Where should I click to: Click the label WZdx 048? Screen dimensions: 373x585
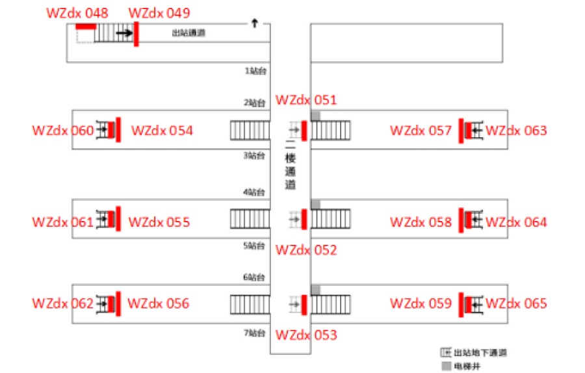point(77,13)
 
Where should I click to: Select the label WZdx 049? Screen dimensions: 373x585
point(159,13)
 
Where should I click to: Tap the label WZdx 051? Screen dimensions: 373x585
point(306,100)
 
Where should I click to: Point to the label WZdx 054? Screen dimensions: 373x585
point(162,131)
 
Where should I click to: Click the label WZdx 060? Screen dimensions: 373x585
point(62,131)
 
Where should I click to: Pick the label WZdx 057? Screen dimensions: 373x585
point(421,131)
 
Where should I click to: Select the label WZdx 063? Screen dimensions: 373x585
point(516,131)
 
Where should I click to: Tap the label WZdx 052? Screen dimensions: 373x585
point(306,250)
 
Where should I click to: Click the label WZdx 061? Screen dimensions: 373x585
point(62,222)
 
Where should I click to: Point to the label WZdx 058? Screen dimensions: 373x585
point(421,222)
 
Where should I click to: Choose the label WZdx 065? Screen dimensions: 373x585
point(516,303)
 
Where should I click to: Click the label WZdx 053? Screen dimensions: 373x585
point(306,335)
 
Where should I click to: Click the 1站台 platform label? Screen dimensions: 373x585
point(255,70)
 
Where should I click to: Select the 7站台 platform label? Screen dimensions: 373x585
point(255,333)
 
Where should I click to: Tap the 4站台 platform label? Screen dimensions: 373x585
point(255,192)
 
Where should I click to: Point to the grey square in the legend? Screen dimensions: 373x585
point(445,366)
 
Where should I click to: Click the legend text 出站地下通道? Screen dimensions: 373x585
point(480,353)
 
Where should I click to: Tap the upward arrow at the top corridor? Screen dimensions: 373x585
point(254,23)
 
